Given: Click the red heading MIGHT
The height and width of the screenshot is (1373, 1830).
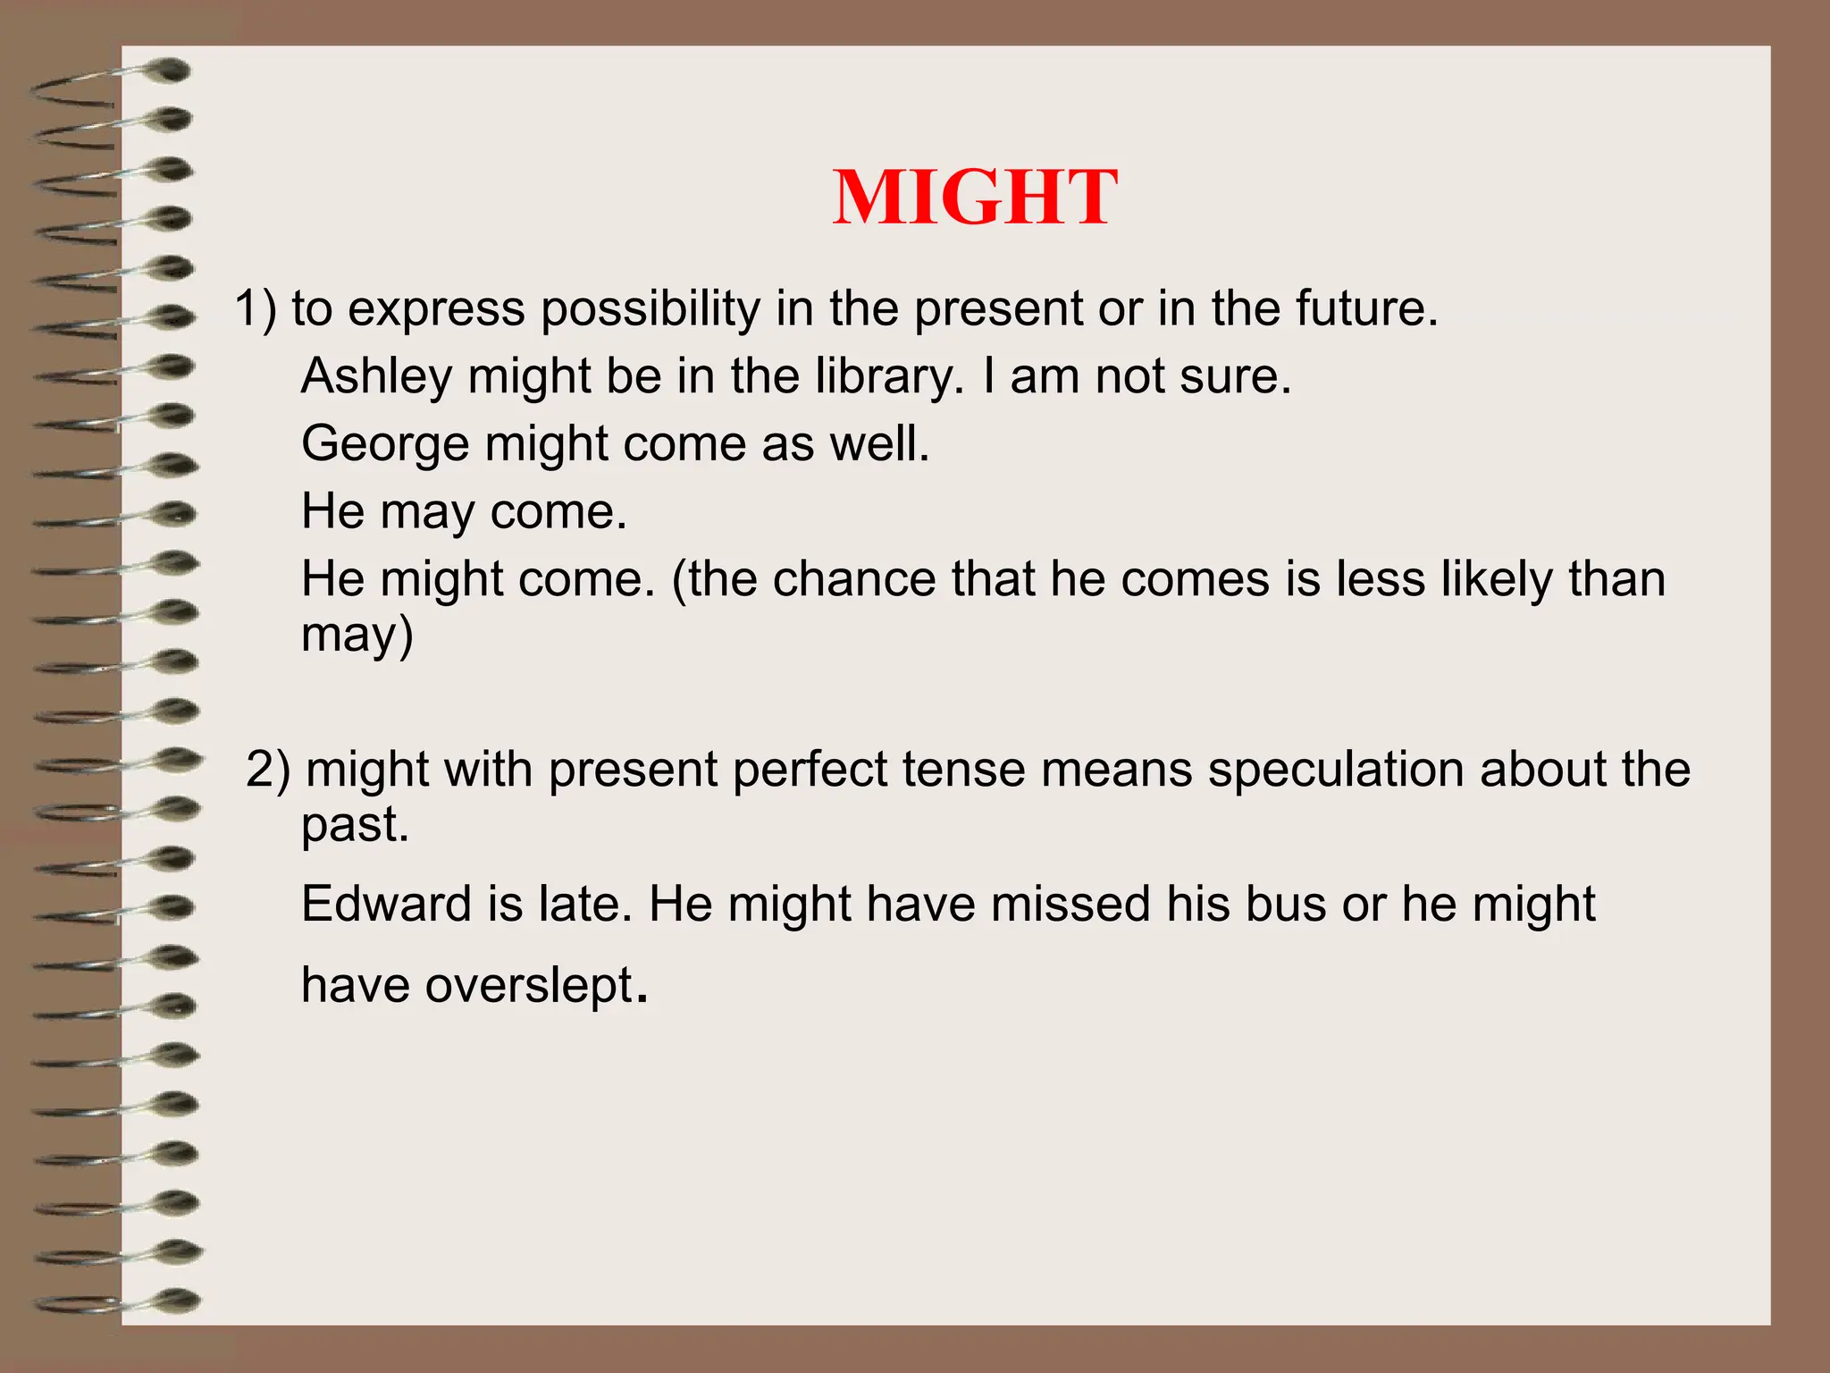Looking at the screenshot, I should click(974, 198).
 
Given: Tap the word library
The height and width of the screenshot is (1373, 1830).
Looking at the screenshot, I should click(884, 377).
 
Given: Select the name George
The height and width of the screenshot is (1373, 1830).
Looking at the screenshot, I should click(384, 445).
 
